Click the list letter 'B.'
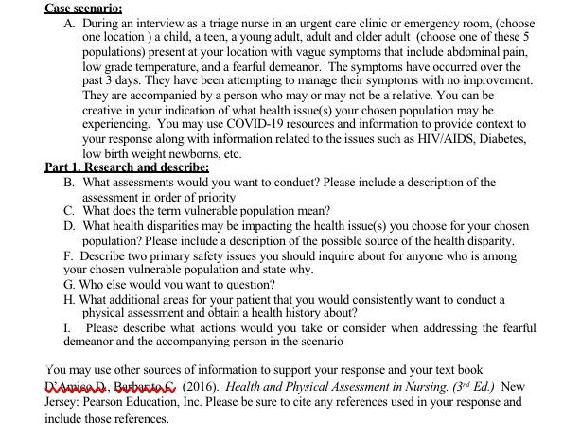click(70, 181)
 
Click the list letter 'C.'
click(70, 210)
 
